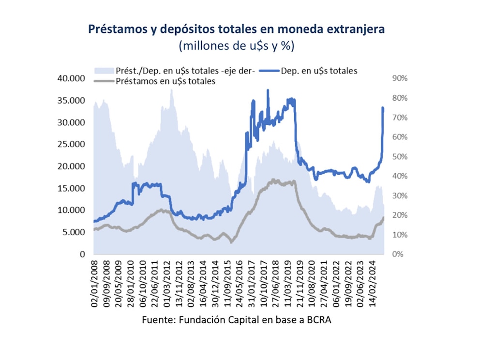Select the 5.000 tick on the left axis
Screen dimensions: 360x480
point(73,232)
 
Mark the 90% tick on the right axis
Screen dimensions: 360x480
point(400,78)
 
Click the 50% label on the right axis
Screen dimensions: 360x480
point(400,157)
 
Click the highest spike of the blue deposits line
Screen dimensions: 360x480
point(268,90)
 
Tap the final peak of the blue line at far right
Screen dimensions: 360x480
point(383,107)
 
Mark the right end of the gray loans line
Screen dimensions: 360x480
point(384,217)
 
